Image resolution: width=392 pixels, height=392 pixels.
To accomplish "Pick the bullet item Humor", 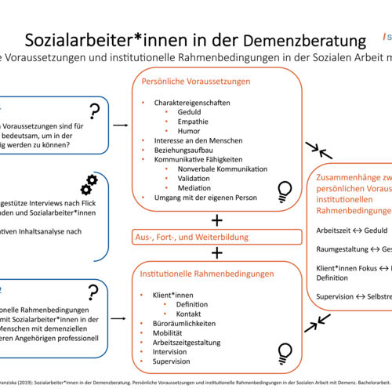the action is [x=189, y=130].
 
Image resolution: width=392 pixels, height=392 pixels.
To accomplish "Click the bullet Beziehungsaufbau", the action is [x=173, y=149].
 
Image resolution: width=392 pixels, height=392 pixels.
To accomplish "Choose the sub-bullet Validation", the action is [x=194, y=178].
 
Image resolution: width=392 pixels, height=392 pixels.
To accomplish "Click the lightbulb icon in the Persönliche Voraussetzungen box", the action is [x=285, y=188].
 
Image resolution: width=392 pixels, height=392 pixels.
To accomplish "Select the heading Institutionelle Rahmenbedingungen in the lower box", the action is [x=207, y=274].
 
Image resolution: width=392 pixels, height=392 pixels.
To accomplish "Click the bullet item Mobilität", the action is [x=166, y=332].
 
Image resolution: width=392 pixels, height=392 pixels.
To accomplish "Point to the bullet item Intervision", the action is [x=170, y=350].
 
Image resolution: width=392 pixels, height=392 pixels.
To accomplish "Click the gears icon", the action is [x=89, y=184].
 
